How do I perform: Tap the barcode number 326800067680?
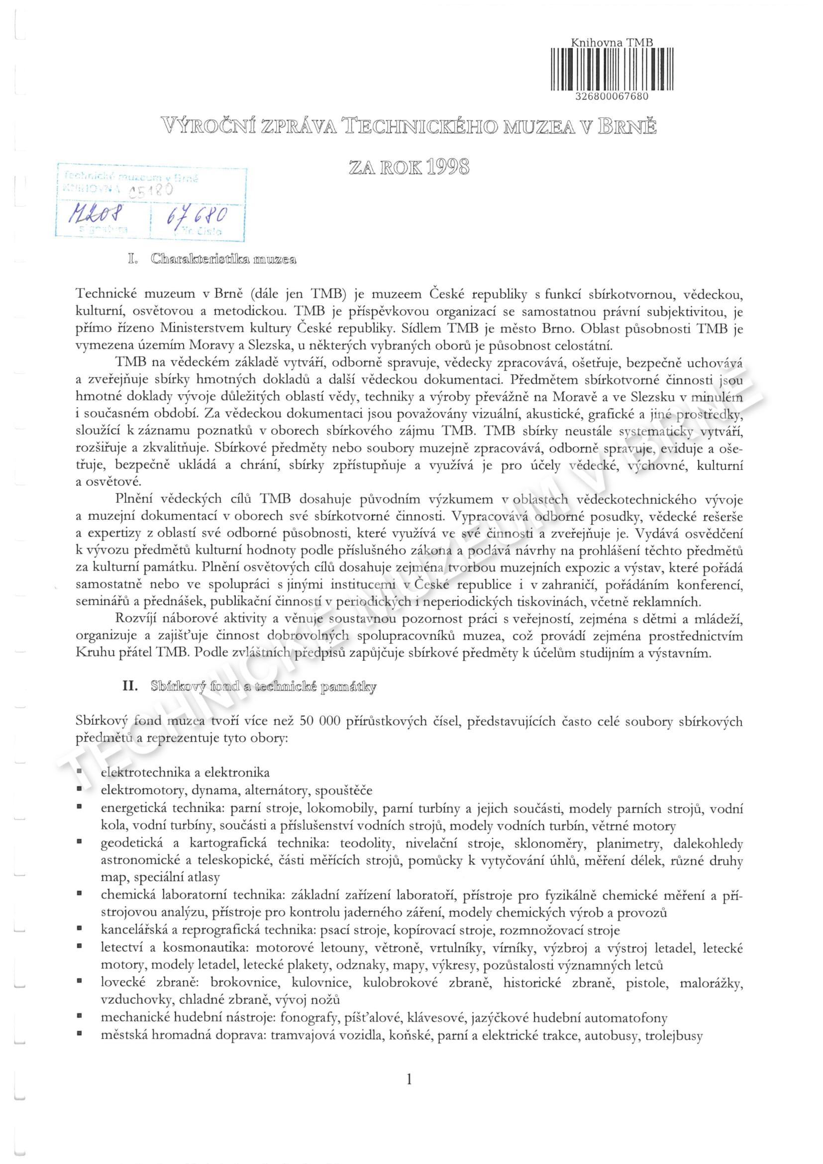coord(612,97)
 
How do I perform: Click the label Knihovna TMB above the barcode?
coord(612,43)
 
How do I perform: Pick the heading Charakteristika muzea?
coord(223,260)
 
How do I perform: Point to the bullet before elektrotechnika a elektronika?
coord(80,772)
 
